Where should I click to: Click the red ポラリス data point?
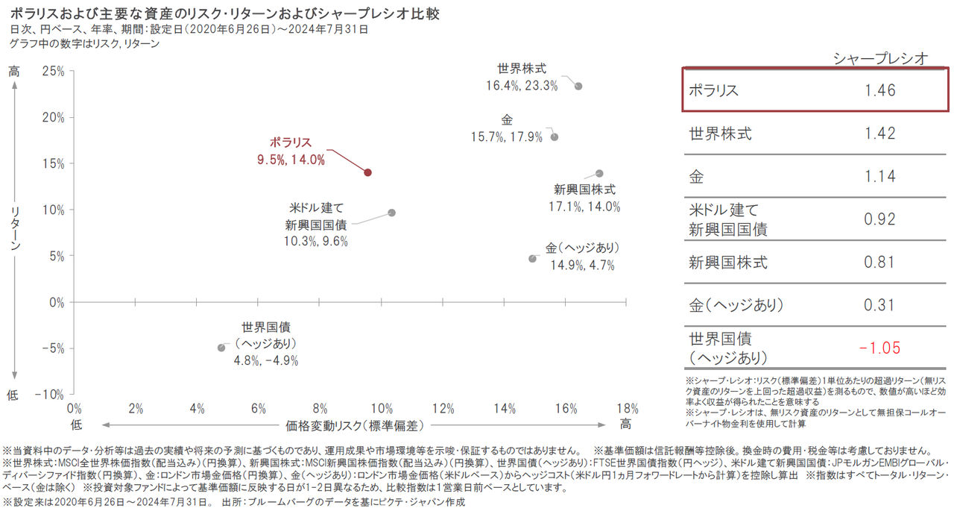[x=367, y=172]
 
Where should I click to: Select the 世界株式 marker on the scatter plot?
[x=578, y=87]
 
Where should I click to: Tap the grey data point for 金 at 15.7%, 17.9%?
[x=555, y=137]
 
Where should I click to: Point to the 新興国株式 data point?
[x=599, y=173]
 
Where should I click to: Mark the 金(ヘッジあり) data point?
[x=532, y=259]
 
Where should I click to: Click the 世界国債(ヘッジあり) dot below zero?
[x=221, y=348]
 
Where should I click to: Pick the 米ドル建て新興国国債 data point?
[x=392, y=213]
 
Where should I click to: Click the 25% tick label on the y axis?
[x=52, y=71]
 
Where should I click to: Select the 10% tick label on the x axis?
[x=381, y=409]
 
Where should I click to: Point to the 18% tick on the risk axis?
[x=627, y=409]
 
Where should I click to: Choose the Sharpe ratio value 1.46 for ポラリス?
[x=880, y=91]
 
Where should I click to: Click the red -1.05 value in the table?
[x=879, y=348]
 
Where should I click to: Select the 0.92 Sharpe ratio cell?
[x=880, y=220]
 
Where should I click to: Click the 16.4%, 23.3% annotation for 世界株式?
[x=522, y=86]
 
